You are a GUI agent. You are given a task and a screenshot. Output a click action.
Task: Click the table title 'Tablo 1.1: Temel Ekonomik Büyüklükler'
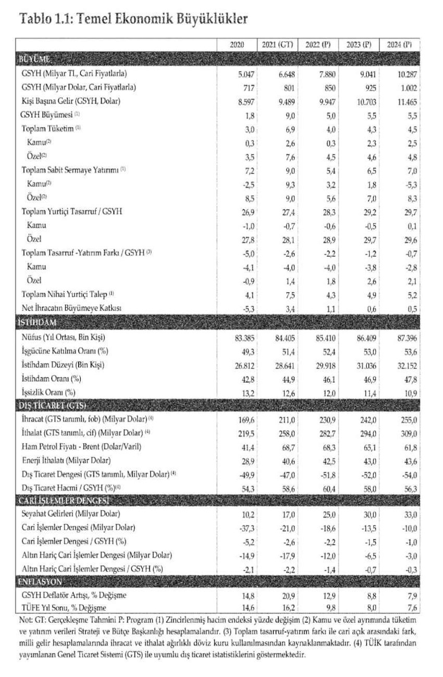133,19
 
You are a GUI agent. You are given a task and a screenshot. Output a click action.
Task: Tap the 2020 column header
237,45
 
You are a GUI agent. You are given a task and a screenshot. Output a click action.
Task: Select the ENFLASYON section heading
41,581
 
